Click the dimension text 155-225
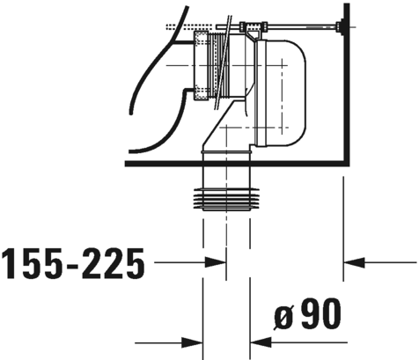73,263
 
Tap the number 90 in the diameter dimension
321,313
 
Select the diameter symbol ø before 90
284,316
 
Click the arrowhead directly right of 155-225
216,262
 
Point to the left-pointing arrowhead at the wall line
354,262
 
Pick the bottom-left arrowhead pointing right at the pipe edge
192,342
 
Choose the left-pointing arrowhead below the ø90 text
261,342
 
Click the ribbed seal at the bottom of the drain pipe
226,199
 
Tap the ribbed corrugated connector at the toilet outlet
218,65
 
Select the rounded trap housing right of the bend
281,92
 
